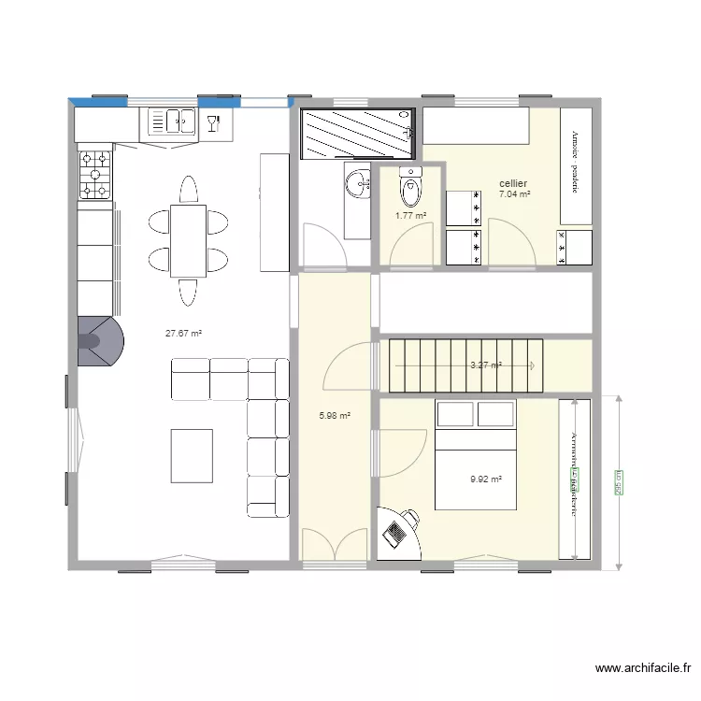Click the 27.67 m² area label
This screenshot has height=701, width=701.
[x=184, y=333]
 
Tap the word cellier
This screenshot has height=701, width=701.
[x=513, y=183]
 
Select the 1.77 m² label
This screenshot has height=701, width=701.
[x=410, y=216]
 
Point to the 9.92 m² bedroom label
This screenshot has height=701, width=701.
[x=486, y=479]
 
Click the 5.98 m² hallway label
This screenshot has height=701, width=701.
[x=335, y=416]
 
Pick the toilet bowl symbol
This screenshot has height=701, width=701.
[x=409, y=188]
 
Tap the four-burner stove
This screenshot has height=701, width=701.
[x=94, y=175]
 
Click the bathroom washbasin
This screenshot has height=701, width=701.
[x=355, y=184]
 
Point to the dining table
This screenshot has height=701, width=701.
[x=188, y=241]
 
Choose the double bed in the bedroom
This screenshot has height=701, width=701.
[x=476, y=454]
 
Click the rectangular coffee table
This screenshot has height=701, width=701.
[x=192, y=455]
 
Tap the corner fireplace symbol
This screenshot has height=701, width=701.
[x=98, y=341]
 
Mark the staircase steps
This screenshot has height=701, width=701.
[x=465, y=365]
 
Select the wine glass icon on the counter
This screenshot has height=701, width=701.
[x=214, y=121]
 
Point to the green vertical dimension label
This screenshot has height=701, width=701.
[x=618, y=482]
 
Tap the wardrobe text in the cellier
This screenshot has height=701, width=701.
[x=576, y=163]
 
